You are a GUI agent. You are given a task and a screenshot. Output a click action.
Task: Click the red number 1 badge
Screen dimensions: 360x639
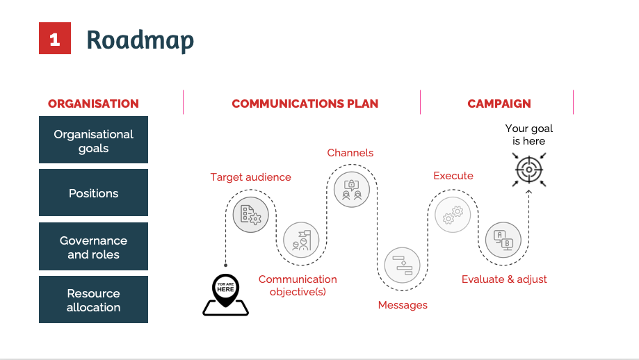click(x=54, y=39)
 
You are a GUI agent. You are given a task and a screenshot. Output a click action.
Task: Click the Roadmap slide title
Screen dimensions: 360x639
click(x=140, y=40)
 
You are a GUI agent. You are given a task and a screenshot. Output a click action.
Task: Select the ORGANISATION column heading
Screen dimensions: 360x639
click(x=93, y=104)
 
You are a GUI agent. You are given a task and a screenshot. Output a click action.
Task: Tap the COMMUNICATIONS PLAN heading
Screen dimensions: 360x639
click(x=305, y=104)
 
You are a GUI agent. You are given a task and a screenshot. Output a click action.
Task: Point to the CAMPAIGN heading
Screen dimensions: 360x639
click(x=499, y=104)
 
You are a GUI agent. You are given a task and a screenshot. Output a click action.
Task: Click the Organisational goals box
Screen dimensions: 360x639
click(x=93, y=141)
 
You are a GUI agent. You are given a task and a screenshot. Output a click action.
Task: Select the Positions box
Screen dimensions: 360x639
click(x=93, y=193)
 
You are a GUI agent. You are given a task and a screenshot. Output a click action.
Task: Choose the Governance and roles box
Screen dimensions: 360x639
click(x=93, y=247)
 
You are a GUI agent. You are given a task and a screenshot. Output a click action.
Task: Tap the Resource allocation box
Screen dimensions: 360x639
click(x=93, y=300)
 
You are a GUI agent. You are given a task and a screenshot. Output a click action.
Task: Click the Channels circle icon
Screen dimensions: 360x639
click(x=351, y=188)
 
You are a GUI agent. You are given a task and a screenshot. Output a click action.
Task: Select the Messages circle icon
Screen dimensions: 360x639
click(x=403, y=264)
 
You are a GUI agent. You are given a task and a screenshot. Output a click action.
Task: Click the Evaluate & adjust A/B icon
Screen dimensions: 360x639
click(x=503, y=240)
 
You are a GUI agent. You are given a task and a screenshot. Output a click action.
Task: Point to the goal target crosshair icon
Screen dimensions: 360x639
click(x=528, y=170)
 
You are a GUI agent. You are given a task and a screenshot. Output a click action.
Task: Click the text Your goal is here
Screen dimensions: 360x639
click(x=528, y=135)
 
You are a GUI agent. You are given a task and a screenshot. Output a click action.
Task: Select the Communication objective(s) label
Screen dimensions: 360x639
click(x=298, y=285)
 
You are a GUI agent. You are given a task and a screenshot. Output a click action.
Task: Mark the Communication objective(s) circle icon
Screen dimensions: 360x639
click(x=301, y=240)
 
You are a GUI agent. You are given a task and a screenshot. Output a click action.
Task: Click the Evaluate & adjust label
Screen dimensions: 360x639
click(x=504, y=279)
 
